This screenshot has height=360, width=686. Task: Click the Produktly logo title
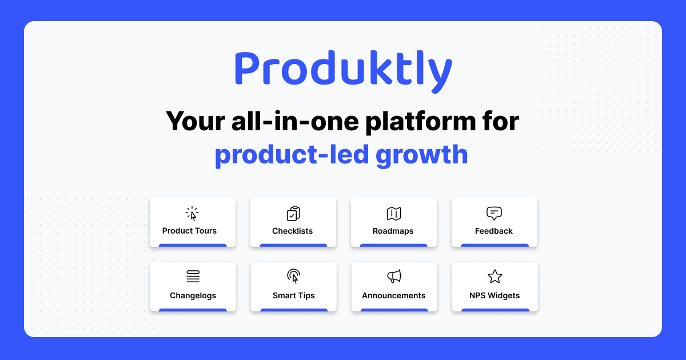click(343, 70)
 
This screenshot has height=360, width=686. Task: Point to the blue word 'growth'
click(422, 154)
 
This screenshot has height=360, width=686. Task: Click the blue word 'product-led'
click(292, 154)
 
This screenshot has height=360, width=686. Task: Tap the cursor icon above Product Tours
click(193, 214)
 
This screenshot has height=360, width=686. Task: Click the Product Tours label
click(189, 231)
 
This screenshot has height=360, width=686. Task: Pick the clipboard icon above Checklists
click(293, 214)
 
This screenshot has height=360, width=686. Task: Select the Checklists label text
click(292, 231)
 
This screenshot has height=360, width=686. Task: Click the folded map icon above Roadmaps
click(394, 214)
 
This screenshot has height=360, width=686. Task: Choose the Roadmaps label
click(393, 231)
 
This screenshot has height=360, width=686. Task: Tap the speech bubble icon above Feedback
click(494, 214)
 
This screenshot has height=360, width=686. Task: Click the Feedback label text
click(493, 231)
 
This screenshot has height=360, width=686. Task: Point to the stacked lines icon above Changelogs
click(193, 277)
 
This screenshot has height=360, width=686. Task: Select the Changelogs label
click(193, 295)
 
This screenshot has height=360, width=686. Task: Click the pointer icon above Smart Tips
click(293, 277)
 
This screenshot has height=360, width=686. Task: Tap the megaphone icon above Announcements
click(394, 277)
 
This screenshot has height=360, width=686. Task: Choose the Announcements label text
click(393, 295)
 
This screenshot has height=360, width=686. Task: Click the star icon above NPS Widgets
click(494, 277)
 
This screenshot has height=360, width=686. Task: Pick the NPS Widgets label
click(494, 295)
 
